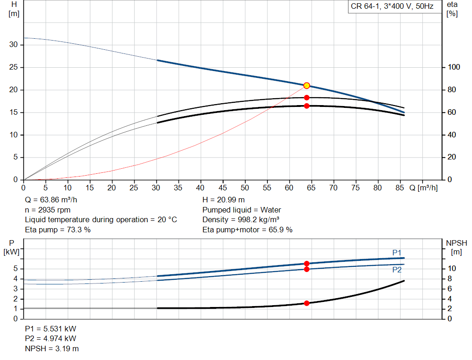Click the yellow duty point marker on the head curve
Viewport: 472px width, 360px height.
[x=307, y=86]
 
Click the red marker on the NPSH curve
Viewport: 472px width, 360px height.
[x=307, y=303]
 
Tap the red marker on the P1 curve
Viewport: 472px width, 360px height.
[x=307, y=263]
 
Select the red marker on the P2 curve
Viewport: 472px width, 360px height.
[x=307, y=269]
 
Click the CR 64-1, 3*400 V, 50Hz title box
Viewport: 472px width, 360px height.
[x=392, y=7]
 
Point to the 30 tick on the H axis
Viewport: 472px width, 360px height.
[x=14, y=45]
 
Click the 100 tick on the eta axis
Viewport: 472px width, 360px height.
[x=454, y=67]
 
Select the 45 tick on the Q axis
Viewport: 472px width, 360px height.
[x=223, y=188]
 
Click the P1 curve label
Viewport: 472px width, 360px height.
[x=397, y=252]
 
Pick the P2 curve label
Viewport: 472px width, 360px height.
[x=397, y=270]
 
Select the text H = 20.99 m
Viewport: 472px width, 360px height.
[x=224, y=200]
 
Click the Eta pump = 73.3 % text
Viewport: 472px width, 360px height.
[x=58, y=229]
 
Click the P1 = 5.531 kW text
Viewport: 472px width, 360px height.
[x=51, y=329]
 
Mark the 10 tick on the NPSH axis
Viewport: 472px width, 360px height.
[x=452, y=269]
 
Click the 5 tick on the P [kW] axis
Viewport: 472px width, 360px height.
[x=16, y=269]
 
